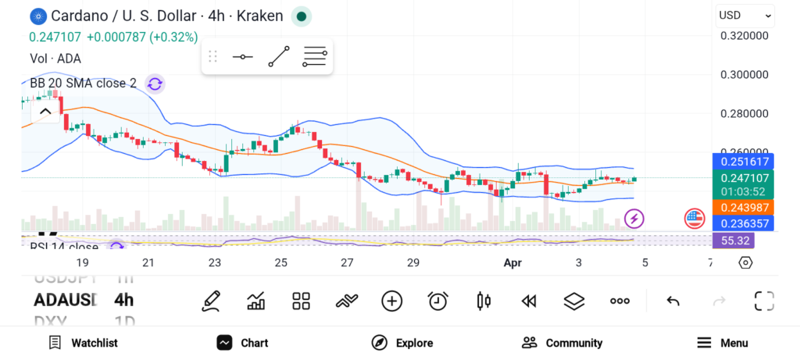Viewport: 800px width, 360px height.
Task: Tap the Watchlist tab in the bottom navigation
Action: coord(83,343)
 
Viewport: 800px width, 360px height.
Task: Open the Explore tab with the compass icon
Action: coord(402,343)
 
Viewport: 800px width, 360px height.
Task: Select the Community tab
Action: coord(562,343)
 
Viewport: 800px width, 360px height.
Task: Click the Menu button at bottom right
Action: coord(723,343)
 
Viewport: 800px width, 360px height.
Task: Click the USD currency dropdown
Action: coord(745,15)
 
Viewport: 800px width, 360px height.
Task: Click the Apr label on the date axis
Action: coord(512,263)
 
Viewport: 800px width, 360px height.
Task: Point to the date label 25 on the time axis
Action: coord(281,263)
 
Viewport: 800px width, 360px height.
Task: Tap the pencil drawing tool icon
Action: coord(210,301)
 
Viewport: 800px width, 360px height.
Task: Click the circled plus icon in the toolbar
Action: coord(391,301)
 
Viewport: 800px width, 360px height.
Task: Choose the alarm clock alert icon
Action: coord(437,301)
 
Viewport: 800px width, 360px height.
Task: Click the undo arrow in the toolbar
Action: coord(673,301)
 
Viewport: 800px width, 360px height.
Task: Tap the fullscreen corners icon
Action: coord(763,301)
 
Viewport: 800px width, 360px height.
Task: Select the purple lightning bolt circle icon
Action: coord(634,219)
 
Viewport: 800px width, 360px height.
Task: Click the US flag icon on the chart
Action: coord(695,219)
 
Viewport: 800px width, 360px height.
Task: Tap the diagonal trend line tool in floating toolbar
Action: coord(279,57)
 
